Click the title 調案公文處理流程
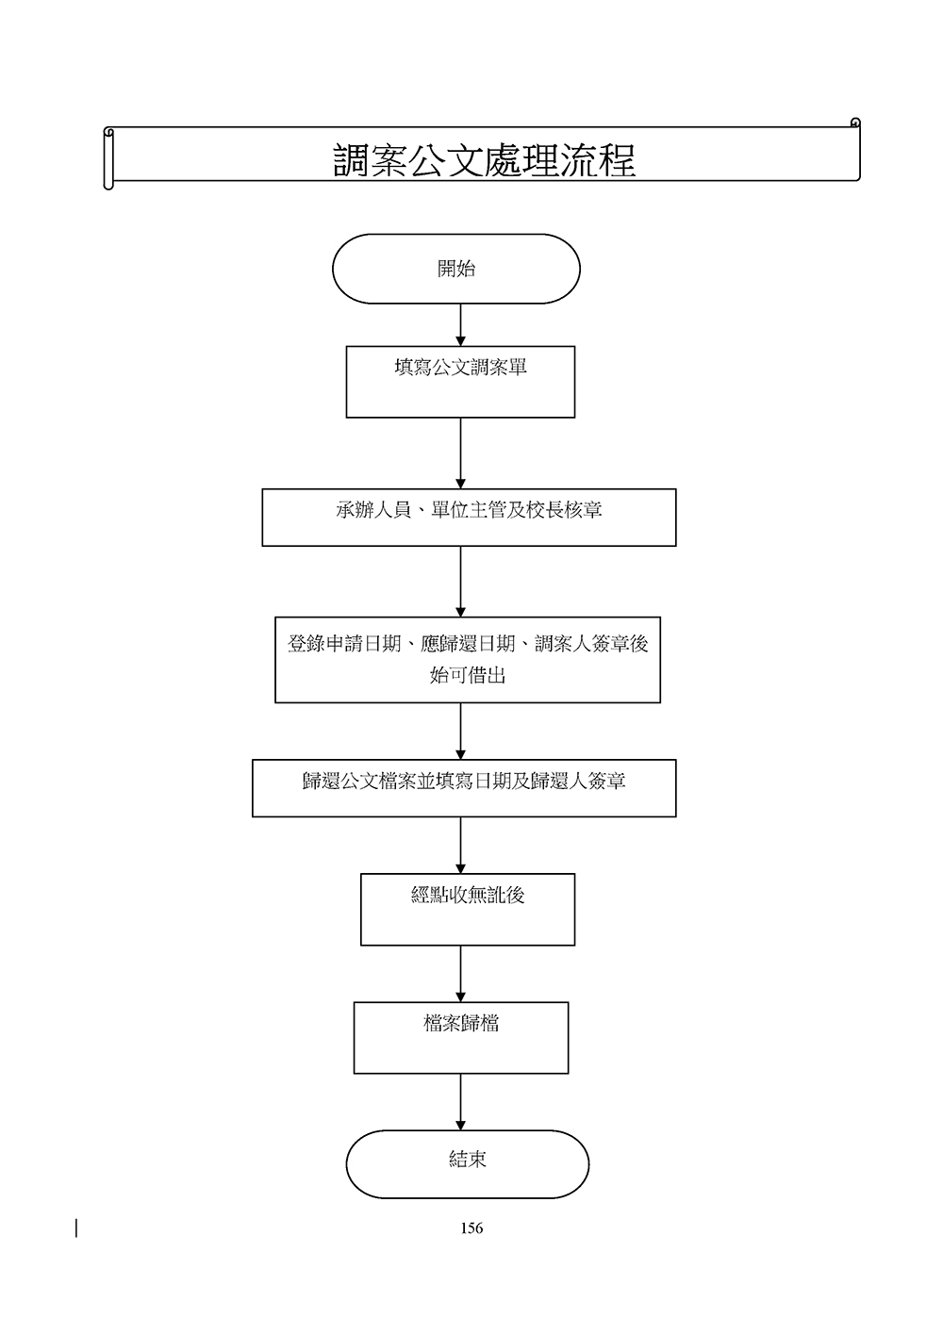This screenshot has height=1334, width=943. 484,160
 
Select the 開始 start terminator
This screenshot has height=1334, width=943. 456,269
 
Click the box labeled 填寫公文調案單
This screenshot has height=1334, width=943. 460,382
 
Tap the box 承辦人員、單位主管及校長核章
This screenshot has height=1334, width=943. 469,517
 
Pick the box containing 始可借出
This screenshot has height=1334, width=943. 468,660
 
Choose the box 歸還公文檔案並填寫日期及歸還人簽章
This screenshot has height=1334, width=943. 464,788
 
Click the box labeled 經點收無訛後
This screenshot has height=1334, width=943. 468,910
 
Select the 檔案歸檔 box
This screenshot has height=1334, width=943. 461,1037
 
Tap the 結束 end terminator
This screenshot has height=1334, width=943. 468,1164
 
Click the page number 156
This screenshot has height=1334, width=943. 471,1227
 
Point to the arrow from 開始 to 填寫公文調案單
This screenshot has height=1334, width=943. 461,325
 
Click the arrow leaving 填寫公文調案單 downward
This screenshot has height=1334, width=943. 461,453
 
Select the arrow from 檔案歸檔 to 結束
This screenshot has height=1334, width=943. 461,1101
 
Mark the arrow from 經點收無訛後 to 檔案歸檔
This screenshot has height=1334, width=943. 461,973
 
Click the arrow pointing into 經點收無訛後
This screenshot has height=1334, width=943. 461,845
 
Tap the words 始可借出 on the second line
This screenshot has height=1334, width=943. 468,676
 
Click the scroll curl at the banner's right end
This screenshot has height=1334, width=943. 855,124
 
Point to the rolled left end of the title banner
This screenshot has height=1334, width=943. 108,158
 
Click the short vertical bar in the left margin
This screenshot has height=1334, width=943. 76,1227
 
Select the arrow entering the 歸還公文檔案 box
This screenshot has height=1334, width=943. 461,731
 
